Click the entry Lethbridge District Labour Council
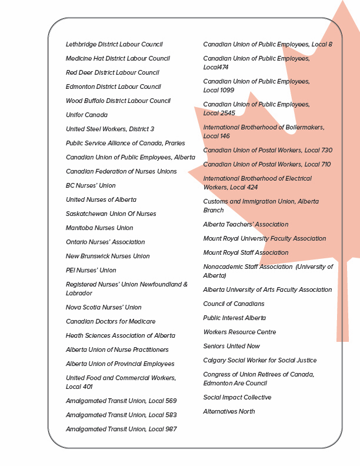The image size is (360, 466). point(114,45)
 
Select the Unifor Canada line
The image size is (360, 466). point(86,115)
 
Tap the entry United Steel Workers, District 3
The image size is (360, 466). point(110,129)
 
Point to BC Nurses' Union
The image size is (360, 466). point(91,186)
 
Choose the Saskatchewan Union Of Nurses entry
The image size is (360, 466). point(111,214)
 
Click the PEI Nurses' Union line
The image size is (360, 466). point(91,271)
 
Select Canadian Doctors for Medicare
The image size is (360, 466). point(111,322)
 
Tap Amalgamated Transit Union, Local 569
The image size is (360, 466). point(121,401)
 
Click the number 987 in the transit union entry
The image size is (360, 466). point(170,430)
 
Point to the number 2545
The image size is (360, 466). point(226,113)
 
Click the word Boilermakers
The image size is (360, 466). point(304,127)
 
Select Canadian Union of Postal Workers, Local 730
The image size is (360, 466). point(268,151)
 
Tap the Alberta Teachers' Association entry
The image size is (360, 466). point(246,225)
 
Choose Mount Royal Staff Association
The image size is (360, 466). point(246,253)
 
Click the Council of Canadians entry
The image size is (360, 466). point(234,304)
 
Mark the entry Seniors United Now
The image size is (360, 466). point(232,347)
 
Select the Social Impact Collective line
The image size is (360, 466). point(237,398)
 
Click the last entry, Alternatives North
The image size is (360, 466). point(229,412)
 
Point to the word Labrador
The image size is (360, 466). point(79,294)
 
